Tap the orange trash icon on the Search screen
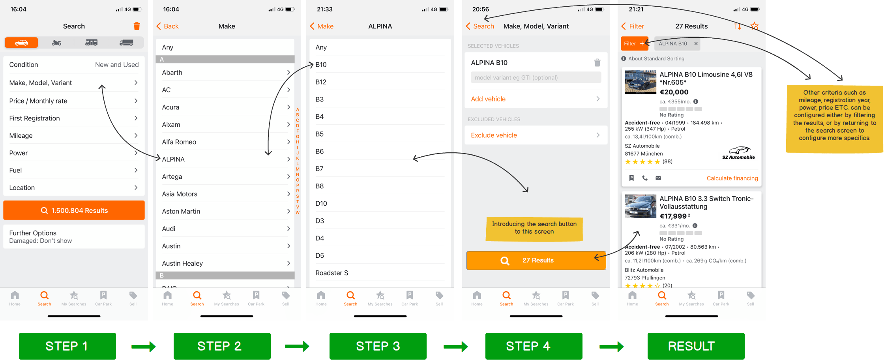(137, 26)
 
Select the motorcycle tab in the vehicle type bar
(56, 43)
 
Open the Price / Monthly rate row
(74, 101)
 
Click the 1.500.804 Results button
(74, 210)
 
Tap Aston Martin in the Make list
(181, 211)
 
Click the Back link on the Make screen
(167, 26)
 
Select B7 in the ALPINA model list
(319, 169)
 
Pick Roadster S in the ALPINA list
(331, 273)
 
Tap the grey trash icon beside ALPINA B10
(597, 62)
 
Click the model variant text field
(536, 77)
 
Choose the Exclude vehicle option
(536, 135)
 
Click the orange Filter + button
(634, 43)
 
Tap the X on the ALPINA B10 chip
(696, 43)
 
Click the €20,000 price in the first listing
(674, 92)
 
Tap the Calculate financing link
(732, 178)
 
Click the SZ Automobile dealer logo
(738, 153)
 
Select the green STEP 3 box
(378, 346)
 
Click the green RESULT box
(696, 346)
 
